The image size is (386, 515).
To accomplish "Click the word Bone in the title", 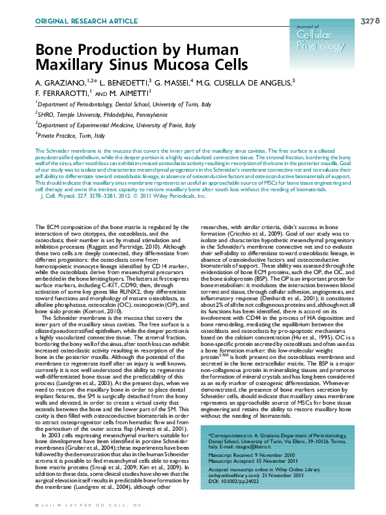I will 52,50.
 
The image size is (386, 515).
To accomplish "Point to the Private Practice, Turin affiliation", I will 71,135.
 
